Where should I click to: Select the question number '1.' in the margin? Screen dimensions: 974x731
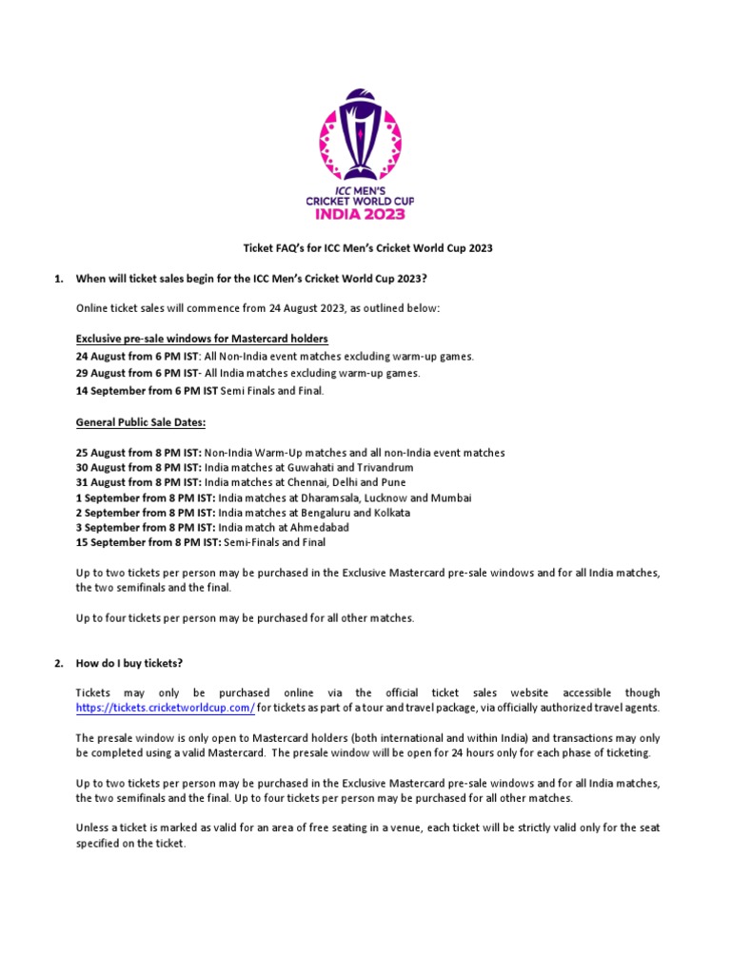pyautogui.click(x=57, y=278)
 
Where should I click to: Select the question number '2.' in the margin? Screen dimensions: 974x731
pyautogui.click(x=57, y=663)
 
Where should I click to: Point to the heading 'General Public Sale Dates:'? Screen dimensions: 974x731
pyautogui.click(x=140, y=421)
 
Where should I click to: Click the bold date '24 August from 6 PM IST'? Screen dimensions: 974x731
pyautogui.click(x=139, y=356)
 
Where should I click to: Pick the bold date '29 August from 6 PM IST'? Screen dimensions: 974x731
pyautogui.click(x=139, y=373)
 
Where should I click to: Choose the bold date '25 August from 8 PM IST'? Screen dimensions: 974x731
pyautogui.click(x=139, y=453)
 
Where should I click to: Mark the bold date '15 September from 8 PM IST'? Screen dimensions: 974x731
pyautogui.click(x=148, y=542)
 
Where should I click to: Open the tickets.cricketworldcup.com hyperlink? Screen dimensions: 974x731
pyautogui.click(x=165, y=709)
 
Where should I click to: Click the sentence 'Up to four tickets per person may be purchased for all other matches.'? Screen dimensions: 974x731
pyautogui.click(x=246, y=618)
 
